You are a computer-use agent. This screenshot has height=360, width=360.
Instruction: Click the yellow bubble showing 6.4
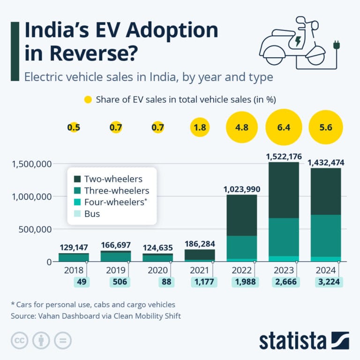point(284,127)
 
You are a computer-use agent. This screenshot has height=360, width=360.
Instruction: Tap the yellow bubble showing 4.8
point(242,127)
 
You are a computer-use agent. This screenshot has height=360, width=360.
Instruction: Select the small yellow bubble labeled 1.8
point(201,127)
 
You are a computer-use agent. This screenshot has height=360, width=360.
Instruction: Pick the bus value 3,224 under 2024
point(326,282)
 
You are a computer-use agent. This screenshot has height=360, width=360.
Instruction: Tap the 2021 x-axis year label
point(201,270)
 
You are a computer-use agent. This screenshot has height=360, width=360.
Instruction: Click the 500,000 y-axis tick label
point(34,229)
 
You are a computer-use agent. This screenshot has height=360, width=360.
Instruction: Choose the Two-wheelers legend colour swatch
point(77,179)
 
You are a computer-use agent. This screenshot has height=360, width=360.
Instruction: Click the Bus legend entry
point(92,214)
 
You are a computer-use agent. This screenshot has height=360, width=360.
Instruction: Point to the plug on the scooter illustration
point(336,46)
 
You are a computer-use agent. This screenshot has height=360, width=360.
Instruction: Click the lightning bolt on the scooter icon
point(297,42)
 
